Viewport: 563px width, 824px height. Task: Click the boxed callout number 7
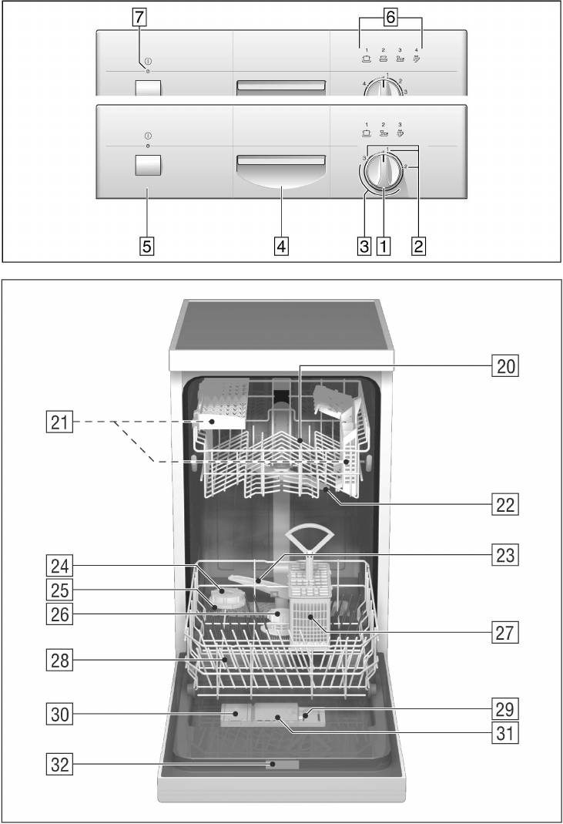point(139,16)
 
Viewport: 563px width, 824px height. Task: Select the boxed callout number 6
point(391,17)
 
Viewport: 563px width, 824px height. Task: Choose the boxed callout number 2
point(419,247)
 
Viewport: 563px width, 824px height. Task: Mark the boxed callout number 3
point(364,247)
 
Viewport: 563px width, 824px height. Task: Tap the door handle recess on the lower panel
point(281,173)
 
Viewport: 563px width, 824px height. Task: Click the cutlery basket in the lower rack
point(312,609)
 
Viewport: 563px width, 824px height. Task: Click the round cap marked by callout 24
point(229,597)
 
